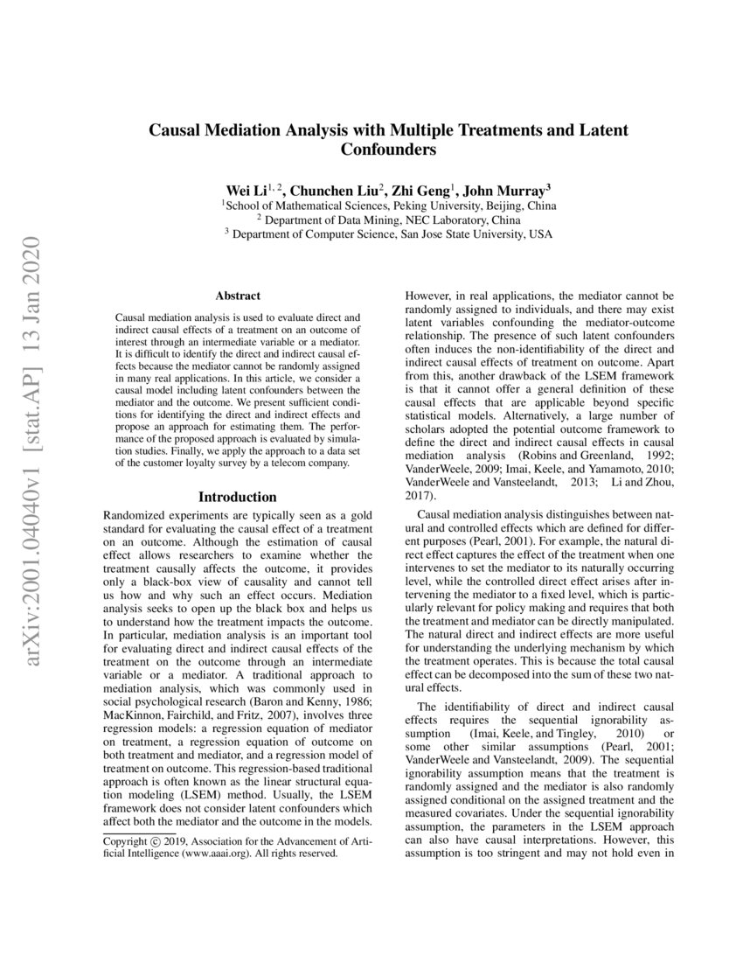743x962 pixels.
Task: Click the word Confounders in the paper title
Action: pos(388,150)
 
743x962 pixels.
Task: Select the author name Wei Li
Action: pos(245,189)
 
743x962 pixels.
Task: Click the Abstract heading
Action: pos(238,296)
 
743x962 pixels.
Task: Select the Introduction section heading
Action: pos(238,498)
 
